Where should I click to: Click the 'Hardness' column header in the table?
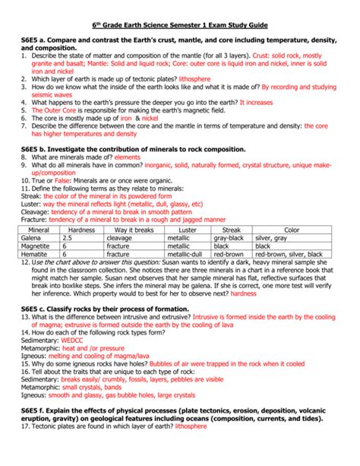81,229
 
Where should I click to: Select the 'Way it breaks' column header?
134,229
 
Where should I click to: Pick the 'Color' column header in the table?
292,229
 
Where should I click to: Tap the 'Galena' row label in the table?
36,237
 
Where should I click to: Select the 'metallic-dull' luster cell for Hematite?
185,255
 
